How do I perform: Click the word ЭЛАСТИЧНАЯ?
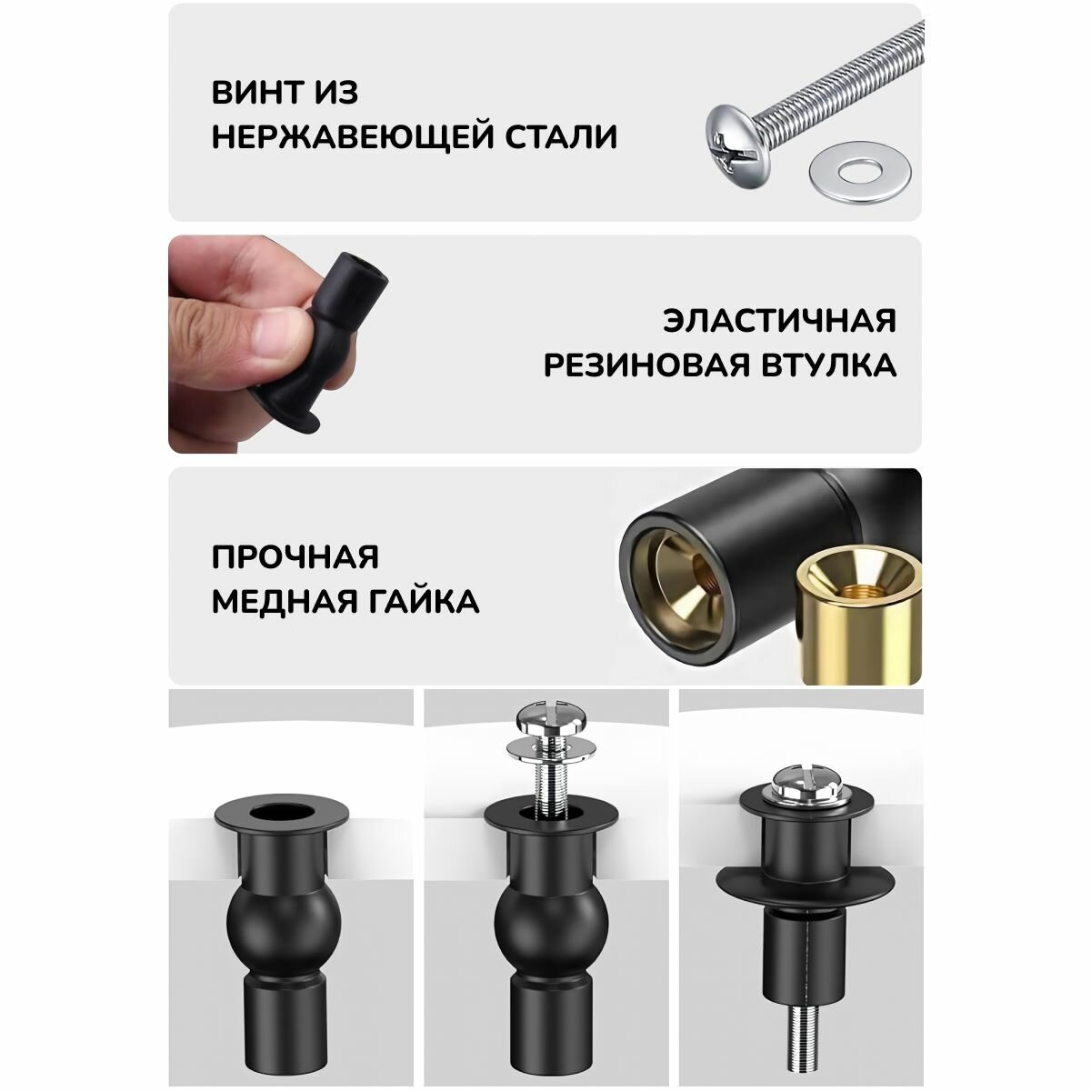(779, 321)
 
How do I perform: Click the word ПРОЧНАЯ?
(295, 557)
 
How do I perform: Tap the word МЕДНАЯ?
(285, 602)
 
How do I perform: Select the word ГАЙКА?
(425, 602)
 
